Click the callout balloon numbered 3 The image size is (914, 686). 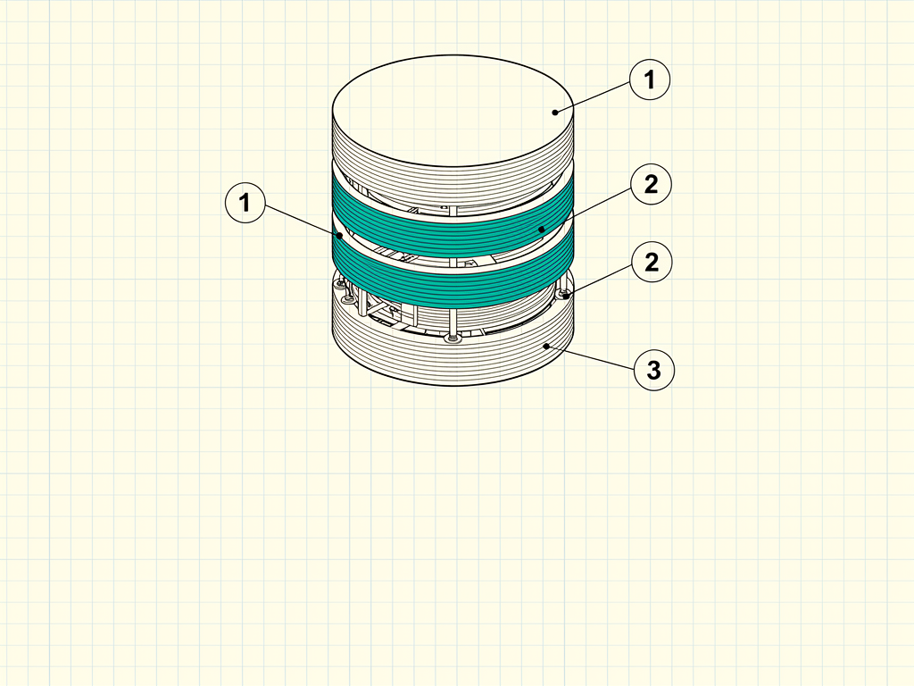click(654, 370)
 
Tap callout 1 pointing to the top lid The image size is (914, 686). click(650, 79)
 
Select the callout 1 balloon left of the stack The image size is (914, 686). click(245, 203)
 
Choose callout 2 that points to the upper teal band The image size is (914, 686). click(651, 184)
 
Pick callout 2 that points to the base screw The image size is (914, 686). click(652, 262)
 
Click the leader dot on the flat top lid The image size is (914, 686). click(555, 113)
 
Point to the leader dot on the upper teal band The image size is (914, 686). click(542, 230)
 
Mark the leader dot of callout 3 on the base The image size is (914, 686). click(546, 347)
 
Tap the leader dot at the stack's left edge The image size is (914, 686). click(340, 236)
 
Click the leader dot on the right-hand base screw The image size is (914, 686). click(565, 297)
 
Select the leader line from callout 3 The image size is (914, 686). click(591, 357)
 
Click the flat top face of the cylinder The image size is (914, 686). click(453, 111)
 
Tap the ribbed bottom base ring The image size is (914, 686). click(453, 356)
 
